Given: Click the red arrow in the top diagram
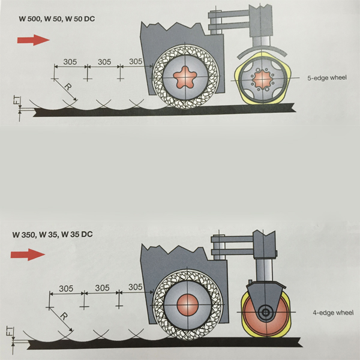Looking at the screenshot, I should (x=34, y=40).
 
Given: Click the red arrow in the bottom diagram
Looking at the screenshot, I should (x=32, y=254).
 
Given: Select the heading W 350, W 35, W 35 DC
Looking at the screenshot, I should (x=53, y=233).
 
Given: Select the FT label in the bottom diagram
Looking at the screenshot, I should (x=16, y=332).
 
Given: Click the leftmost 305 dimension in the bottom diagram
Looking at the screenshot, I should (x=66, y=289).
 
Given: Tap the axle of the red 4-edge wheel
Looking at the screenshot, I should (x=264, y=312).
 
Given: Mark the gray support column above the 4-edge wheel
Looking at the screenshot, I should (x=262, y=267).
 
